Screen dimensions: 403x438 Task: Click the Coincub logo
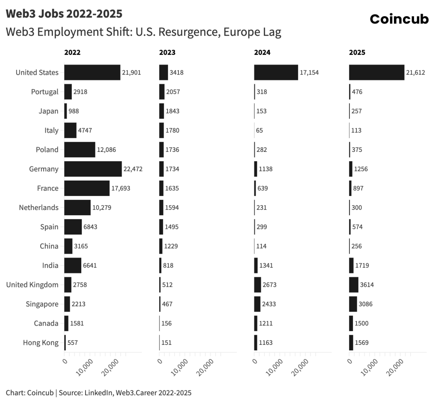click(399, 19)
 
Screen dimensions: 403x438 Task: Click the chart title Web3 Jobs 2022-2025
click(64, 14)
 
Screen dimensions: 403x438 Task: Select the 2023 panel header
click(167, 53)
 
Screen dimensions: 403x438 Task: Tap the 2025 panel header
click(357, 53)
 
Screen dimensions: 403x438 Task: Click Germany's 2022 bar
click(93, 169)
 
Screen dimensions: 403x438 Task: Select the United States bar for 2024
click(276, 72)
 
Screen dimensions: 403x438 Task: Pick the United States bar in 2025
click(376, 72)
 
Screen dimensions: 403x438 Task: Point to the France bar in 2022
click(87, 188)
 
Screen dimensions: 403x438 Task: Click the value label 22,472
click(133, 169)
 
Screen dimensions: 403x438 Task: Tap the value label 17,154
click(309, 72)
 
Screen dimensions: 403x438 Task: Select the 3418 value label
click(177, 72)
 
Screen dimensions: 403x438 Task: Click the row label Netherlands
click(38, 207)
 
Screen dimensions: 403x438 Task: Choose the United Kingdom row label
click(32, 284)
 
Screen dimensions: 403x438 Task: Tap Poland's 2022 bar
click(80, 150)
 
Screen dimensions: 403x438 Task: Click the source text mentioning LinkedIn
click(98, 392)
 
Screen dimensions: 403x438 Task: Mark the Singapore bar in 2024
click(257, 304)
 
